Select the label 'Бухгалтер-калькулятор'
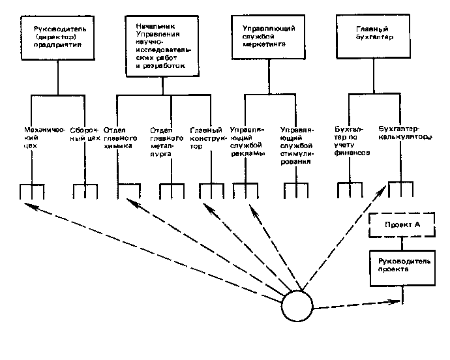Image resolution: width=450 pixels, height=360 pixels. (404, 133)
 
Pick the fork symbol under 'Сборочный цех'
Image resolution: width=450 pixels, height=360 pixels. (85, 192)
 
